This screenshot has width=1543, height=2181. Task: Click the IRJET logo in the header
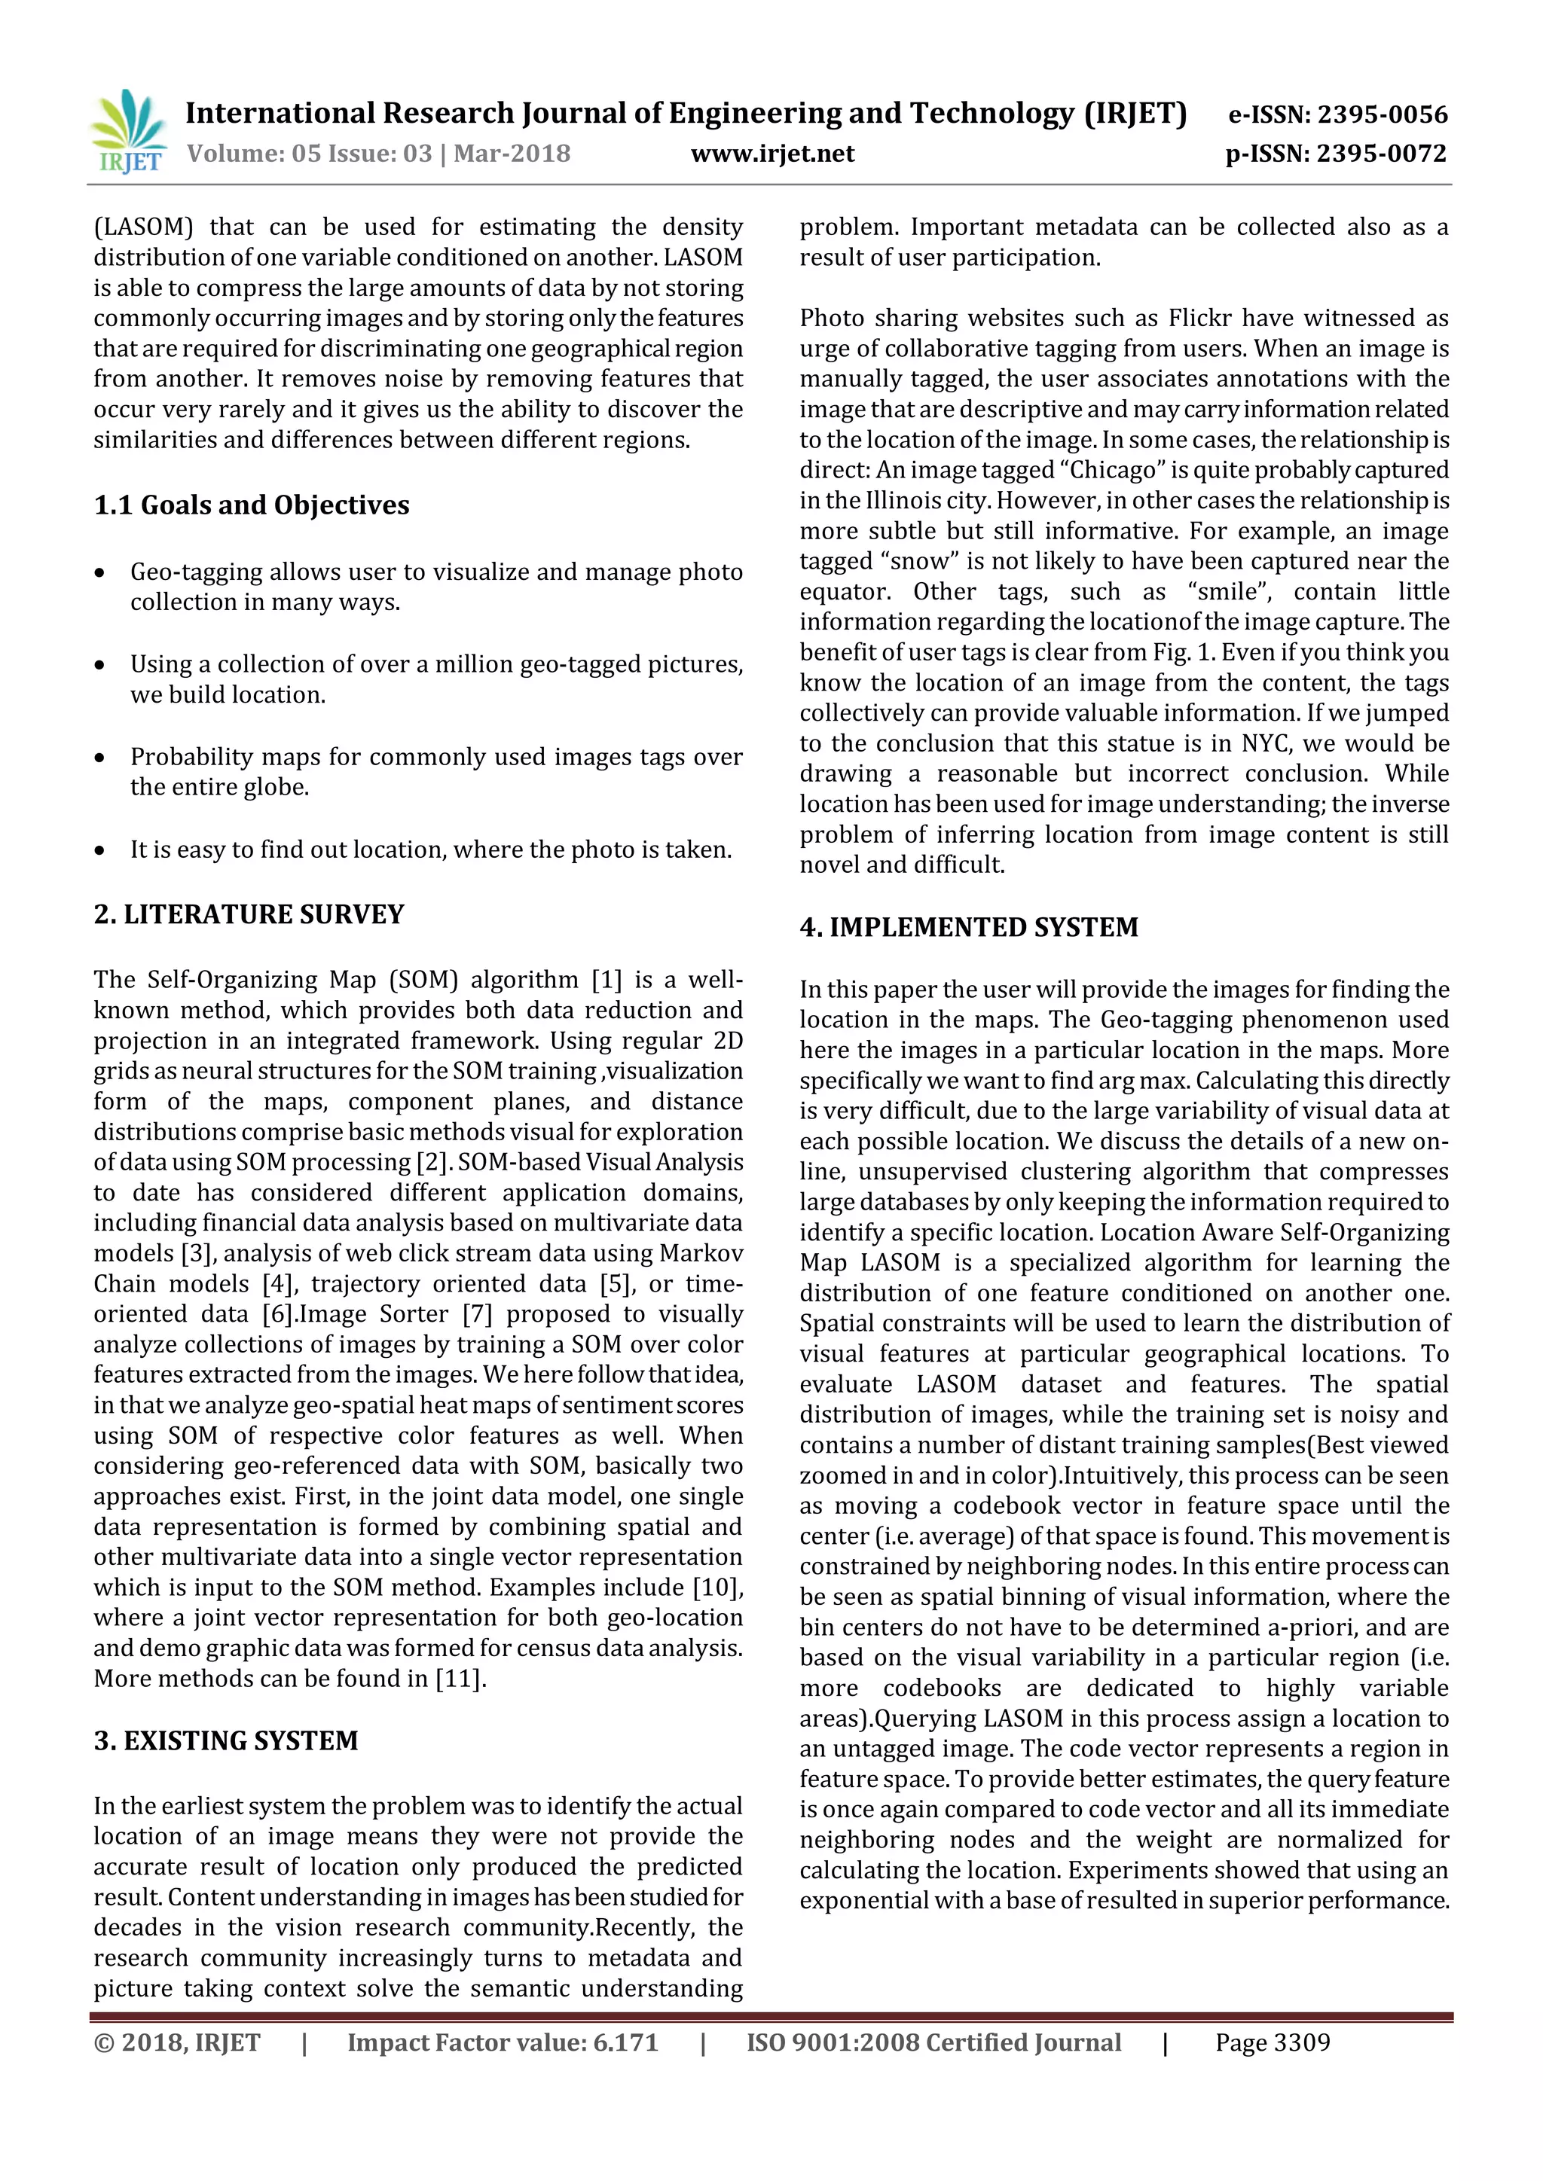[130, 132]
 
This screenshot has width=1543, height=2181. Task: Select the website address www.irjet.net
[772, 154]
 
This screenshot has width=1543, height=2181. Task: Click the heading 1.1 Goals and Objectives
[251, 505]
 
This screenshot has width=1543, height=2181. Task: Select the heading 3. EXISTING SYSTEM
[225, 1740]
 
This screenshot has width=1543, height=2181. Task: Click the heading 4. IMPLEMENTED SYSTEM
[968, 927]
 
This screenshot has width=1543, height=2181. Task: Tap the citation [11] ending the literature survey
[460, 1679]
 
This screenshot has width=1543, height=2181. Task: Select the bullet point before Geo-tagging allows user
[99, 573]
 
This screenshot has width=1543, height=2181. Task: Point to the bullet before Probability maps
[99, 758]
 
